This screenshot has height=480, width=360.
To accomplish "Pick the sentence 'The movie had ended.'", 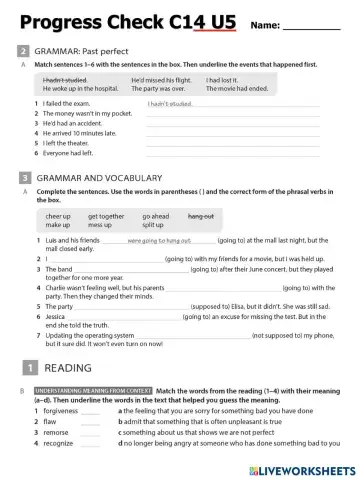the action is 239,89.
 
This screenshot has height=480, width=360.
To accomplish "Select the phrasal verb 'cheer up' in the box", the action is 58,216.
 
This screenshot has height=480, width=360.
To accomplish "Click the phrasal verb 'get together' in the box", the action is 106,216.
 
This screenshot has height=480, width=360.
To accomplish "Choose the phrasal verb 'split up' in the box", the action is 155,225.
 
